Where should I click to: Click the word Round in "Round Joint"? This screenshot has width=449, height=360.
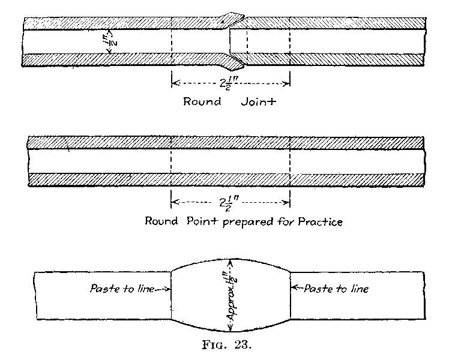(202, 101)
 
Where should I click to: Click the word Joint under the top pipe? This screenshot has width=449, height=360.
(259, 101)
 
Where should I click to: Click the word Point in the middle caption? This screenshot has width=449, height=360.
(194, 221)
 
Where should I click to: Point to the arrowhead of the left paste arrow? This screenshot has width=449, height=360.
(170, 289)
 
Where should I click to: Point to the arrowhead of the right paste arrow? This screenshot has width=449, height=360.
(293, 289)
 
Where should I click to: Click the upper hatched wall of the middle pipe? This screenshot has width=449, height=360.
(228, 144)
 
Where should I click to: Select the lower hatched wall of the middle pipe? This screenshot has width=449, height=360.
(228, 179)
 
